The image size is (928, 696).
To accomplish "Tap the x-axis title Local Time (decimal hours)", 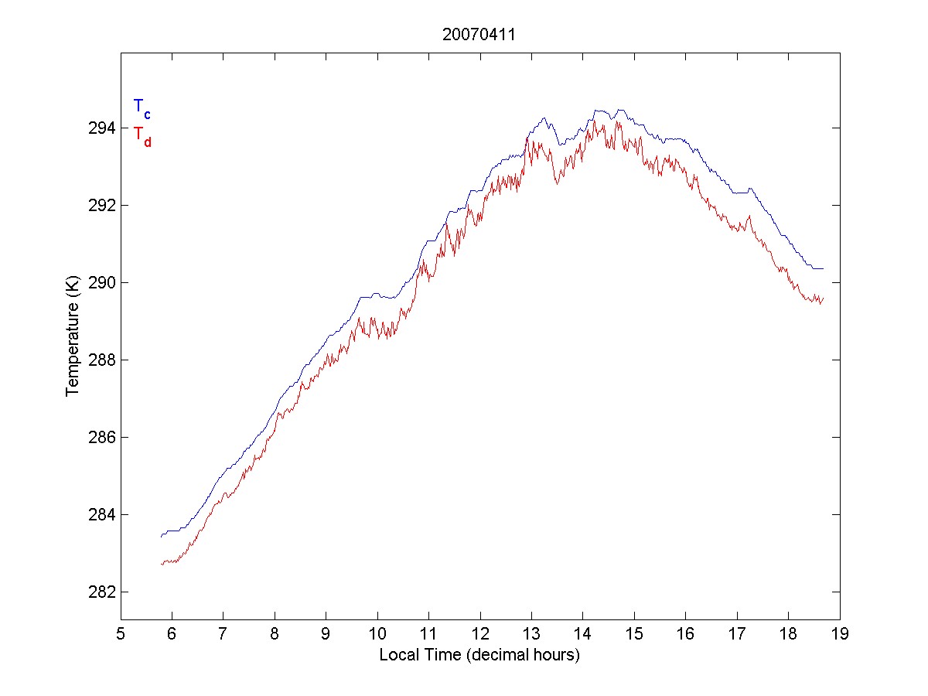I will [x=479, y=655].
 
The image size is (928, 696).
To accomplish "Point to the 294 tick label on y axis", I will [x=99, y=128].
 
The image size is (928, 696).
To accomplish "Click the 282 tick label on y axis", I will [x=99, y=592].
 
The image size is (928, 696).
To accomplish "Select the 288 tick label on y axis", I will [x=99, y=360].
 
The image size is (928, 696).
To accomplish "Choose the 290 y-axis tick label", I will [x=99, y=282].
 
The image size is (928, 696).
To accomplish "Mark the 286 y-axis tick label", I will [x=99, y=437].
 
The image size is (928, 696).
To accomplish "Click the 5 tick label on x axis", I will [x=121, y=634].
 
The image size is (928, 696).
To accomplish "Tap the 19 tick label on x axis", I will [x=840, y=634].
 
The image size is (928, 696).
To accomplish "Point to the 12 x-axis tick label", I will [x=480, y=634].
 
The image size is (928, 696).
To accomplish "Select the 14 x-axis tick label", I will [x=583, y=634].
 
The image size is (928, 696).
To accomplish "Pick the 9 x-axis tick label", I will [x=326, y=634].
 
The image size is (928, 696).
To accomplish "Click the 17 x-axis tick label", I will [x=737, y=634].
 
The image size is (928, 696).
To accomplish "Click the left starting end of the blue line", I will [x=162, y=536].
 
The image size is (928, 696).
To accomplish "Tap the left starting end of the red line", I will [x=162, y=565].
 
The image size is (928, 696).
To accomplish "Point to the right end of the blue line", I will [x=824, y=268].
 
